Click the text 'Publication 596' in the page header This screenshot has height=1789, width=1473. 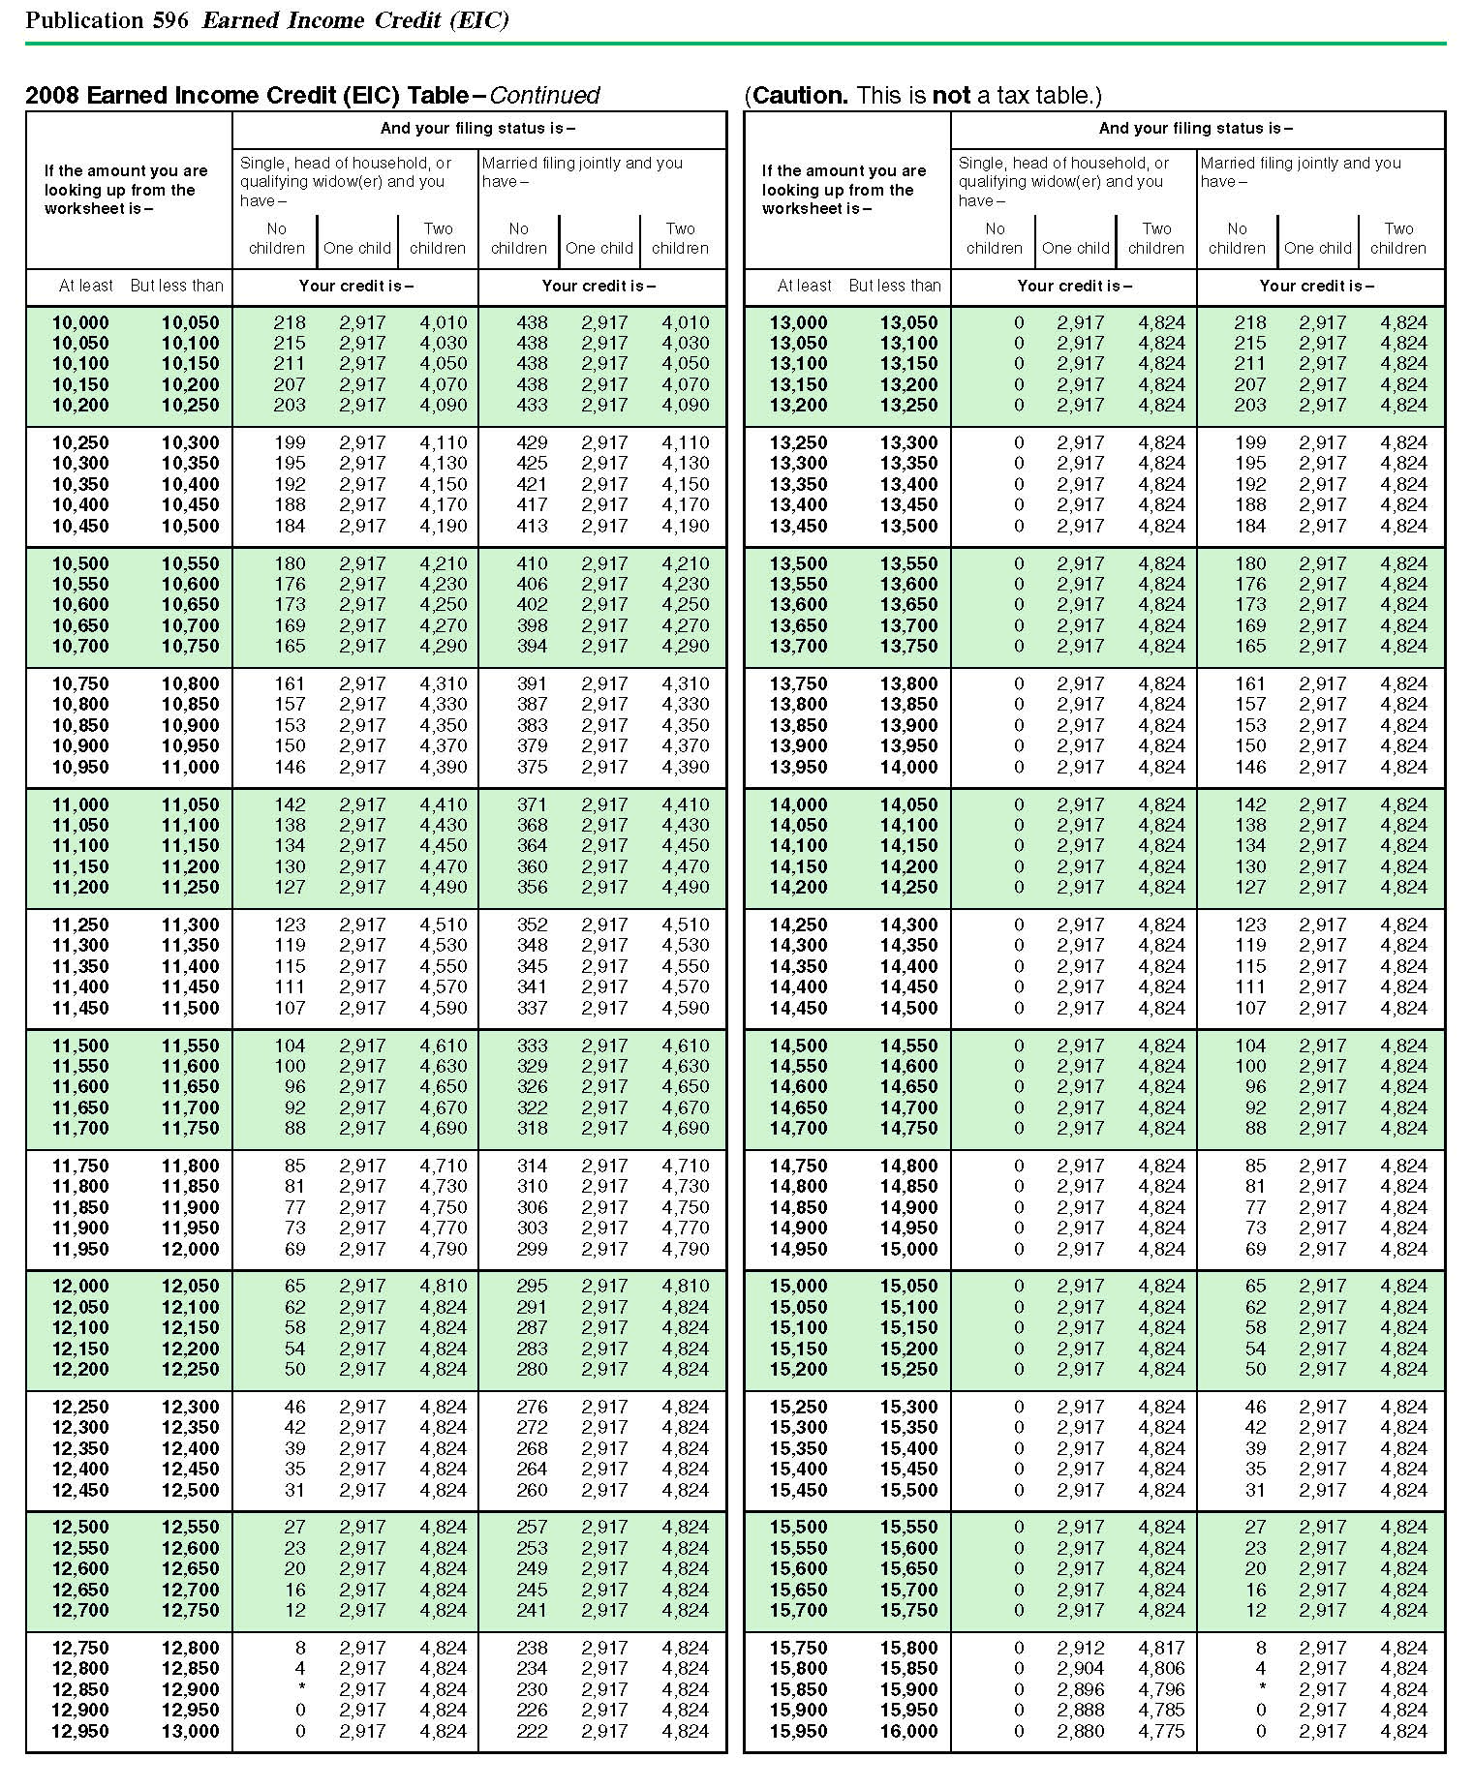coord(107,20)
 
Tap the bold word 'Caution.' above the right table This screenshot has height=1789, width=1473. coord(800,95)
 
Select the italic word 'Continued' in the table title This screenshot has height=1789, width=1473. coord(544,95)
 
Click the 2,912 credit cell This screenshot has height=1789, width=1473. coord(1080,1648)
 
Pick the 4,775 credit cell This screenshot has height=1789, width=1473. coord(1161,1731)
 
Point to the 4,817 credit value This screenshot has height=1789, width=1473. coord(1161,1648)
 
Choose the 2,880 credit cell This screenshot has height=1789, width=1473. coord(1080,1731)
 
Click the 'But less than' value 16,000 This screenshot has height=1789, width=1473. coord(908,1731)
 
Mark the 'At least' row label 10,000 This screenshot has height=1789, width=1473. coord(80,322)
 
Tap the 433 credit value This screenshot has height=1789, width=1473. coord(532,406)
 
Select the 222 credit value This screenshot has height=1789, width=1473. coord(532,1731)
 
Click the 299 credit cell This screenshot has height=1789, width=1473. coord(532,1249)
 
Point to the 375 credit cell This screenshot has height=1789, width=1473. coord(532,767)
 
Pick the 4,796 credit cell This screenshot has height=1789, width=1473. coord(1161,1689)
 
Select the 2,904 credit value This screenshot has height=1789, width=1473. coord(1080,1668)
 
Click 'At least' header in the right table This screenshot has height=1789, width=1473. coord(804,286)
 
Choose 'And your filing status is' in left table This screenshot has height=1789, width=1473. coord(477,128)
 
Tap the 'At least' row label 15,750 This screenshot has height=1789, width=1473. coord(799,1648)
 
